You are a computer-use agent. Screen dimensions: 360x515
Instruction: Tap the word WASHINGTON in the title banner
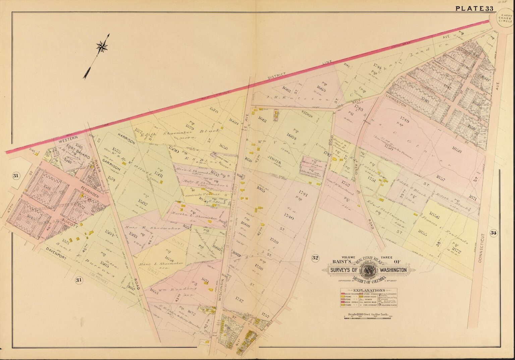[393, 270]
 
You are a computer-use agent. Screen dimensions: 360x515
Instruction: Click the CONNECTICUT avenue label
[480, 248]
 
